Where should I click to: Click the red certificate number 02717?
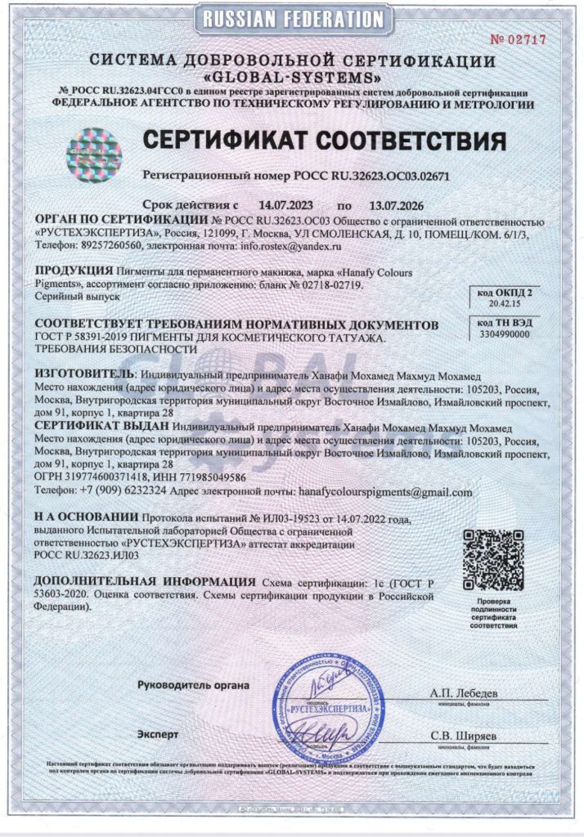click(x=519, y=39)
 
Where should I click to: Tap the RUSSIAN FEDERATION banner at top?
click(x=292, y=18)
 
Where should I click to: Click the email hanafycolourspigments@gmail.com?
click(x=384, y=492)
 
